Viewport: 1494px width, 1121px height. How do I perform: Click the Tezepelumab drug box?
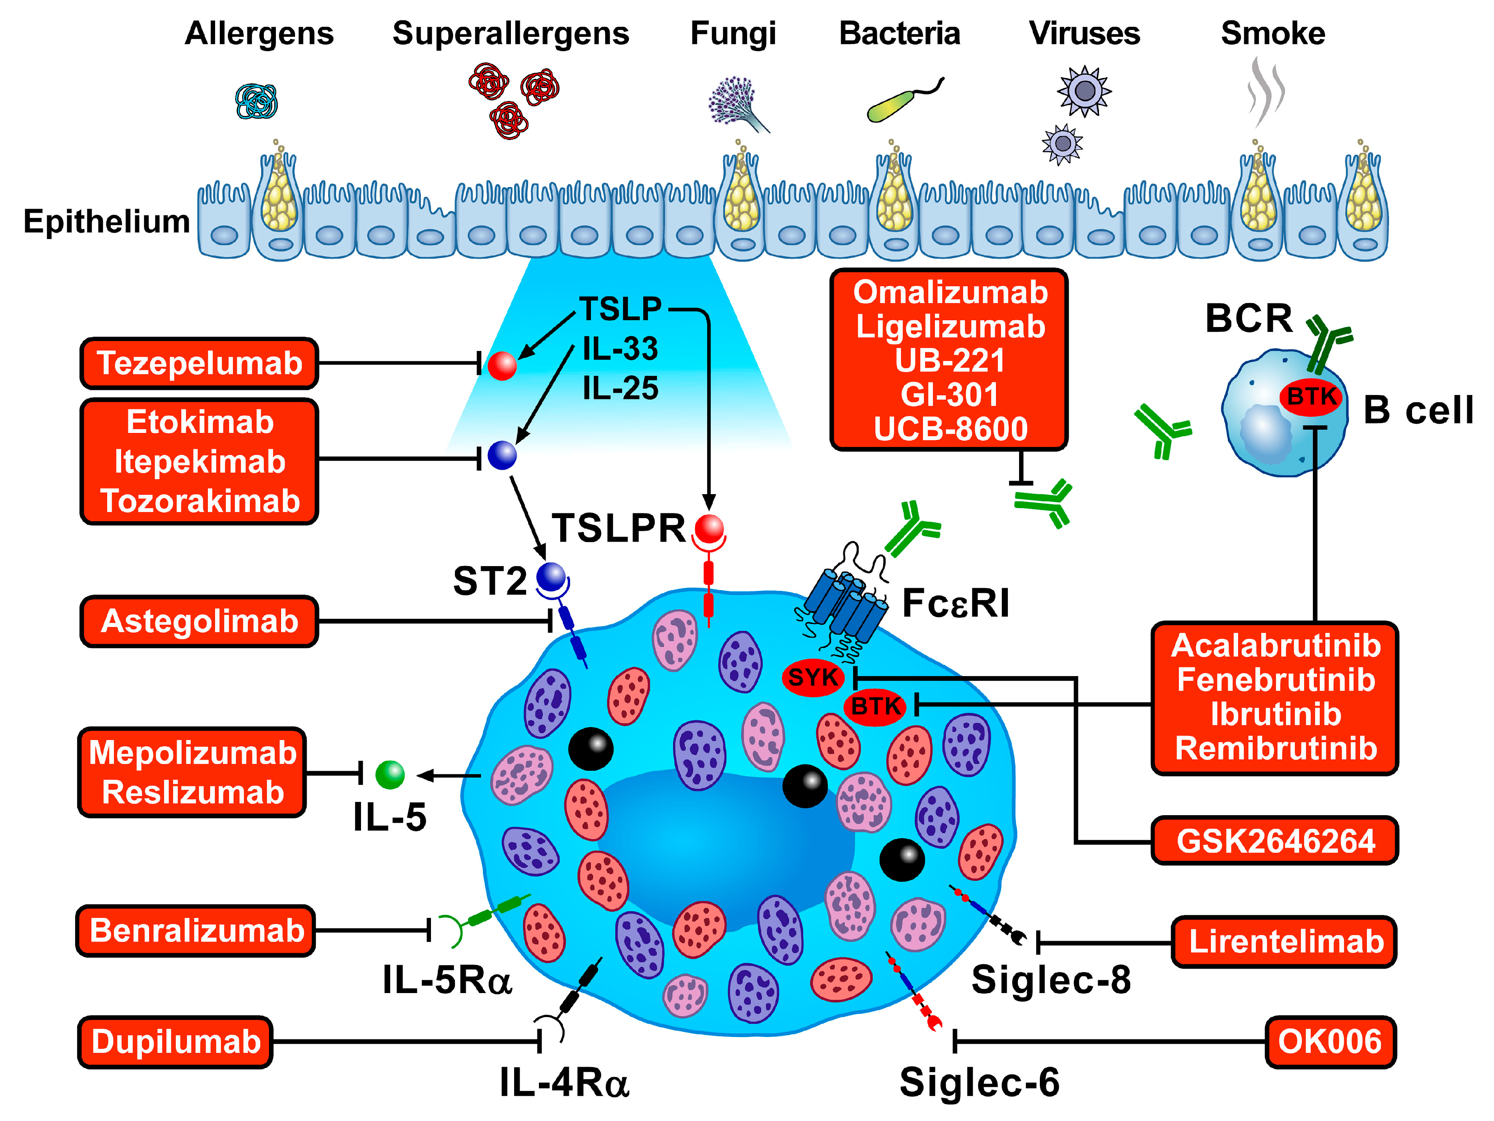click(199, 363)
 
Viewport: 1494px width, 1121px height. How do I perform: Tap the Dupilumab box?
click(176, 1042)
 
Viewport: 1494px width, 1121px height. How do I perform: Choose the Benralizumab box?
click(196, 931)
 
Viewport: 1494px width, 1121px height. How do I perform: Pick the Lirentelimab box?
click(1285, 941)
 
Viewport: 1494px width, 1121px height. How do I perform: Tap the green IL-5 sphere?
click(390, 774)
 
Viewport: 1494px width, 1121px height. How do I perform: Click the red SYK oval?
click(813, 677)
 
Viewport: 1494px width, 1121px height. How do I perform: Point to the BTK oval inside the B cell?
click(1311, 397)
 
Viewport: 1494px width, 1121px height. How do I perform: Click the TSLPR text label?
click(619, 528)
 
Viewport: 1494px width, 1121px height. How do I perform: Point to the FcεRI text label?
click(956, 603)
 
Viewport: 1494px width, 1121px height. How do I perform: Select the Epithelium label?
click(107, 221)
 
